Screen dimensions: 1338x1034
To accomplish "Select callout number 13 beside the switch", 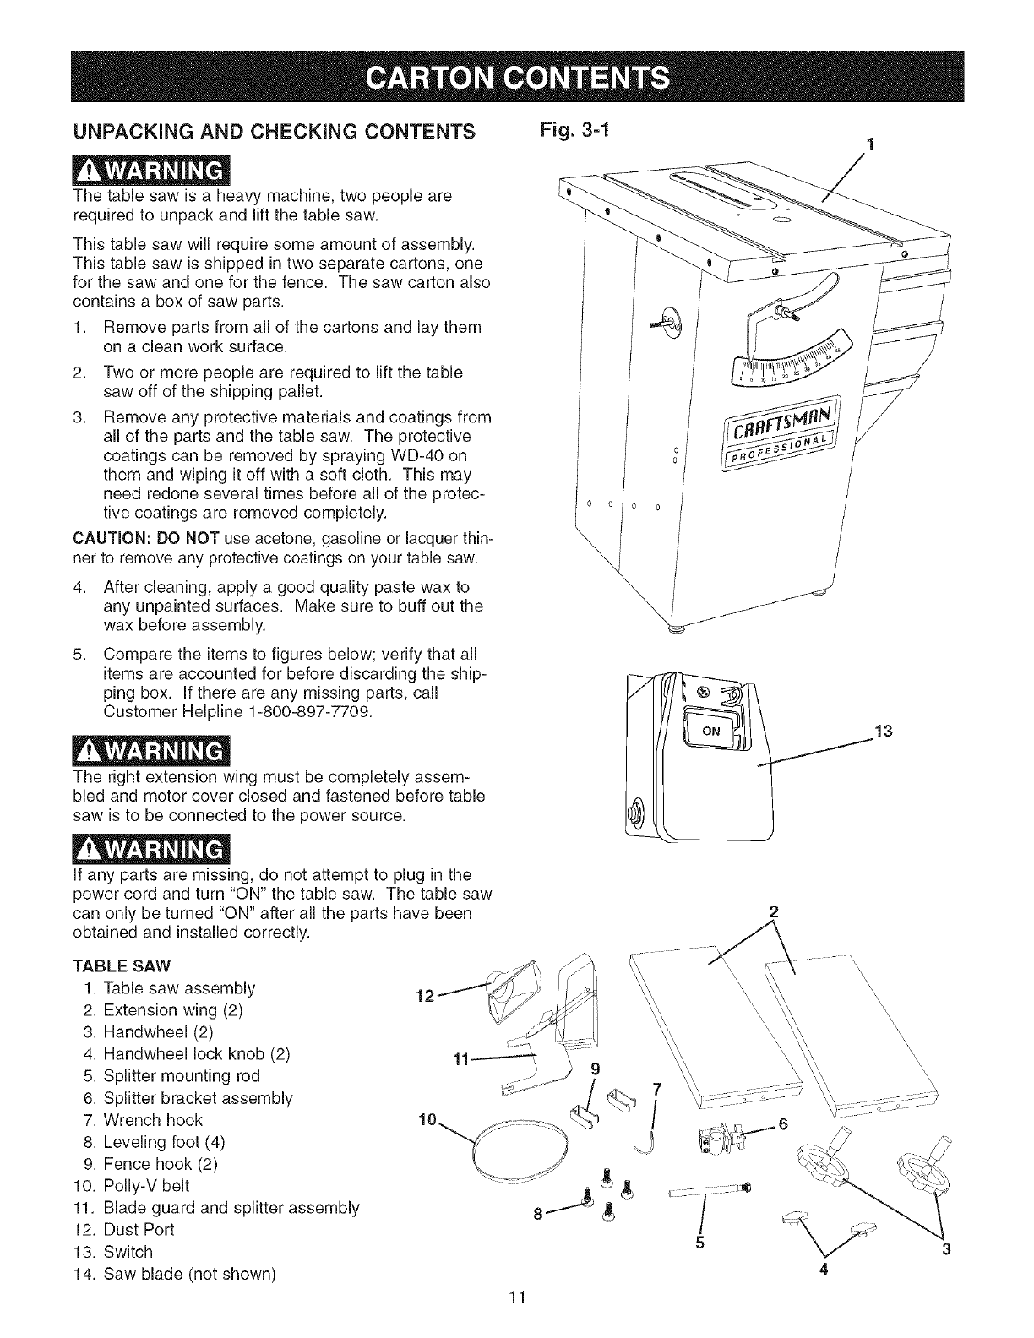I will pyautogui.click(x=883, y=730).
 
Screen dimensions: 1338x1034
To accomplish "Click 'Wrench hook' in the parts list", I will pyautogui.click(x=153, y=1119).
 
